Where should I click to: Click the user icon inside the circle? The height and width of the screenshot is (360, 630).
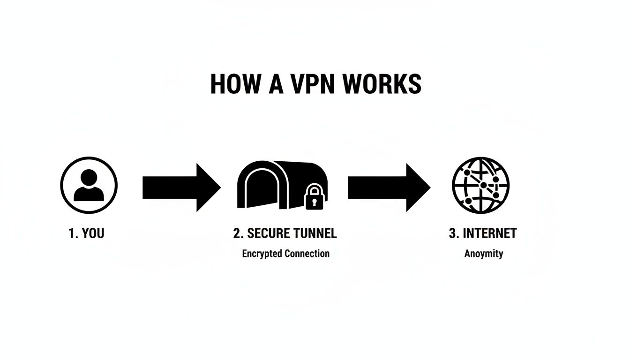89,186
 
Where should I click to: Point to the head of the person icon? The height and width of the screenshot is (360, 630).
89,178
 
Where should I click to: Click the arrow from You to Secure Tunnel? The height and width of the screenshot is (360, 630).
181,187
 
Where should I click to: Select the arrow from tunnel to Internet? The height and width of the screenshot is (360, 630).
389,187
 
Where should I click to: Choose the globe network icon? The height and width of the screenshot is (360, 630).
480,186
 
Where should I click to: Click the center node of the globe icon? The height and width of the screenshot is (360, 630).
483,186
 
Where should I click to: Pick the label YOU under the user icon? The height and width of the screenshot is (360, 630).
93,233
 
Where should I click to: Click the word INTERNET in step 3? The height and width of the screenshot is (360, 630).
489,233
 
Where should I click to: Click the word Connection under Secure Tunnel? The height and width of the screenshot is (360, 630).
307,254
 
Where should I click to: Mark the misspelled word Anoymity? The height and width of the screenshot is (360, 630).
484,254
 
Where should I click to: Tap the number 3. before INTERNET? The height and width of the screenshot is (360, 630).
453,233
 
